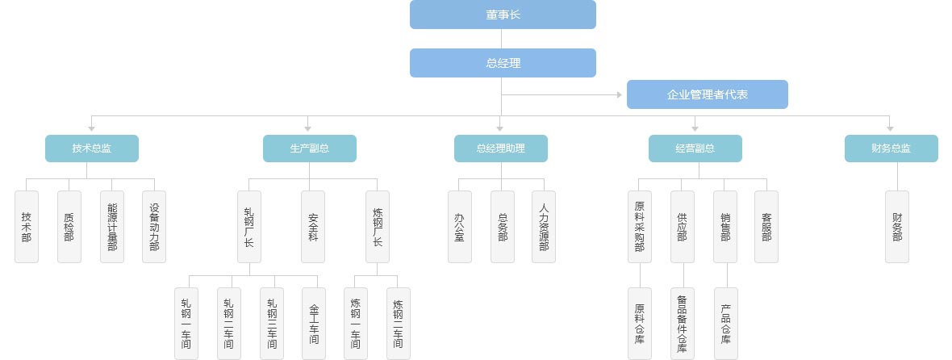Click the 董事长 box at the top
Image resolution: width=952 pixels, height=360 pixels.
tap(503, 15)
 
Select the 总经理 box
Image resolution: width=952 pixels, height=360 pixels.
tap(503, 63)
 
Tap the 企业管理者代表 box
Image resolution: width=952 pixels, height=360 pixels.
tap(707, 94)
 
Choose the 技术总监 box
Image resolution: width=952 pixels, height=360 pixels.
tap(92, 149)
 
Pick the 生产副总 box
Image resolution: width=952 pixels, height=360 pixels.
tap(309, 149)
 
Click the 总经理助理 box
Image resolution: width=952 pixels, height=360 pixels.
tap(500, 149)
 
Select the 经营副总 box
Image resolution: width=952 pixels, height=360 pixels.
tap(695, 149)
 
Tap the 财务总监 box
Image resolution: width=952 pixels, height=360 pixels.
tap(891, 149)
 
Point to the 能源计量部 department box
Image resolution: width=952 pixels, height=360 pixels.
tap(111, 227)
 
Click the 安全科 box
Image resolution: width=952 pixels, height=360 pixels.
tap(313, 227)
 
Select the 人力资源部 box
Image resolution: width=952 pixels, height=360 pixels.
tap(544, 227)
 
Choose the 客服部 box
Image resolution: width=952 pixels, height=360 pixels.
tap(766, 227)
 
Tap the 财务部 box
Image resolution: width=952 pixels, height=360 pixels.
tap(896, 227)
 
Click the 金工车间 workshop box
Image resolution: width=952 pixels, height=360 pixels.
tap(314, 324)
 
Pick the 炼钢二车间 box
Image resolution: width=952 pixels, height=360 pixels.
tap(398, 324)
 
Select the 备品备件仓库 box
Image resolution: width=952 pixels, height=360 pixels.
tap(683, 324)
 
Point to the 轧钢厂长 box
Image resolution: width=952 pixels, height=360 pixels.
tap(249, 227)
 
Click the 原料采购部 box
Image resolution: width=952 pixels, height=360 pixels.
tap(639, 227)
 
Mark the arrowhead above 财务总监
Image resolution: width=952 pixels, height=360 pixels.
tap(890, 128)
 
